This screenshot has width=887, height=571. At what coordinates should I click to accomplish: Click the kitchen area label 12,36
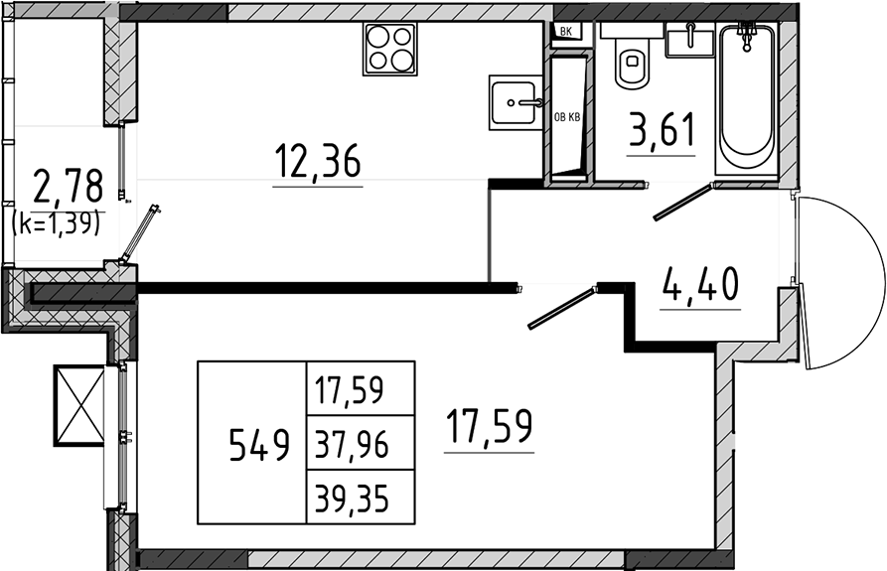(317, 160)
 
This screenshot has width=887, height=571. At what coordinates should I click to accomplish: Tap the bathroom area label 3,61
(662, 129)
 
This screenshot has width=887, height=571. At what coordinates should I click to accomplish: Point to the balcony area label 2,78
(69, 186)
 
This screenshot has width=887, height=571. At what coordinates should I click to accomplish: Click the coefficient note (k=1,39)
(57, 223)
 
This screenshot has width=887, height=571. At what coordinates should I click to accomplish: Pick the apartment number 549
(259, 445)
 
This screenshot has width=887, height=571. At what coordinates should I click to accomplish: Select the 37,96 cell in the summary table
(352, 445)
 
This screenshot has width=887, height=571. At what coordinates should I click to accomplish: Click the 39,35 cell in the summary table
(352, 499)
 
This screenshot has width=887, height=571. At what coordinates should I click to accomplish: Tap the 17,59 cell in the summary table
(350, 390)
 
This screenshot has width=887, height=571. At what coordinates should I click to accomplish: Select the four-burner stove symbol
(389, 49)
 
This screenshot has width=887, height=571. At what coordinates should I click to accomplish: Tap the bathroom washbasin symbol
(689, 39)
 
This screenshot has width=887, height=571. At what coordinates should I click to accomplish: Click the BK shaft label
(565, 32)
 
